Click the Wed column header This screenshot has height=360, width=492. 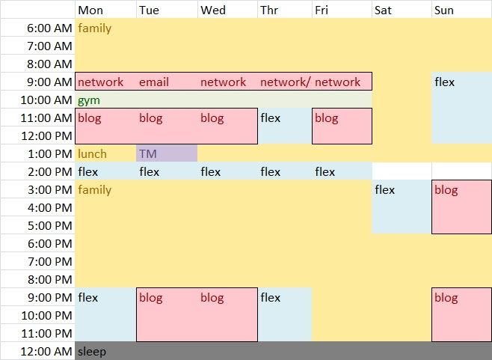[x=213, y=10]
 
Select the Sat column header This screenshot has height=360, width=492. [x=382, y=10]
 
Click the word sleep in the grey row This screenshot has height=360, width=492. [x=92, y=352]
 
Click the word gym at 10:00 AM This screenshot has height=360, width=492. [x=89, y=100]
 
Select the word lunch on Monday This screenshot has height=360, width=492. [x=92, y=154]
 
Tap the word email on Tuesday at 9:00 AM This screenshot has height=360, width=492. [x=154, y=82]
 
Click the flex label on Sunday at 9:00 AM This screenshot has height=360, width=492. [x=444, y=82]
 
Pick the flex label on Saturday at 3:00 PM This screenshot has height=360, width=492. [x=384, y=190]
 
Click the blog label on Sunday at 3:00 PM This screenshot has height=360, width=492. [x=446, y=190]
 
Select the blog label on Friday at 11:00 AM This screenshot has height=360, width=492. [x=326, y=118]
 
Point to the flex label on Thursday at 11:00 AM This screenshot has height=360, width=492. [x=271, y=118]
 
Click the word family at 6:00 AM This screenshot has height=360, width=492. [x=94, y=28]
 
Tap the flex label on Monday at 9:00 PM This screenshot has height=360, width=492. [x=87, y=298]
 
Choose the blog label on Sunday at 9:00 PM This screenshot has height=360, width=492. [x=446, y=298]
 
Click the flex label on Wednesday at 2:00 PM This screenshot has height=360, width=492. [x=210, y=172]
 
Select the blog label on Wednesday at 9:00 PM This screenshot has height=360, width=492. [x=212, y=298]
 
